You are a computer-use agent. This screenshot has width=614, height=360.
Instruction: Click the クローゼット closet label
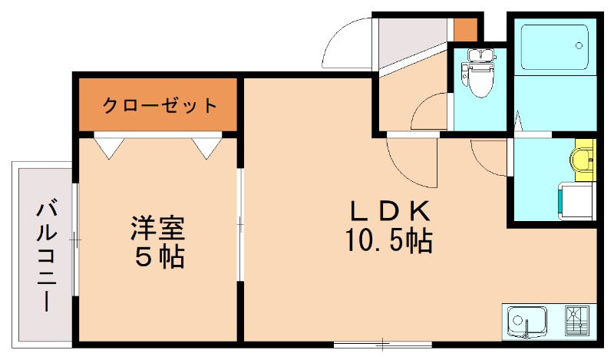point(160,105)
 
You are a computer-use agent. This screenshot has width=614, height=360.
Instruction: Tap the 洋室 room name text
point(160,228)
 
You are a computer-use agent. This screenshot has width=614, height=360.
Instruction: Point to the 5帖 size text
point(160,257)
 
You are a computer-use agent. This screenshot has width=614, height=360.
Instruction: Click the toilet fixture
point(479,75)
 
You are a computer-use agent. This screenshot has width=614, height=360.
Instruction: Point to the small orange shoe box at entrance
point(465,30)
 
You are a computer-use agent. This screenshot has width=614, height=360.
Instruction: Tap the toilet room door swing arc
point(430,114)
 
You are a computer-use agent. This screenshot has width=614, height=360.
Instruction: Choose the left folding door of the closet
point(108,146)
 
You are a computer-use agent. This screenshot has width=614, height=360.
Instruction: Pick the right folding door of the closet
point(209,146)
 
